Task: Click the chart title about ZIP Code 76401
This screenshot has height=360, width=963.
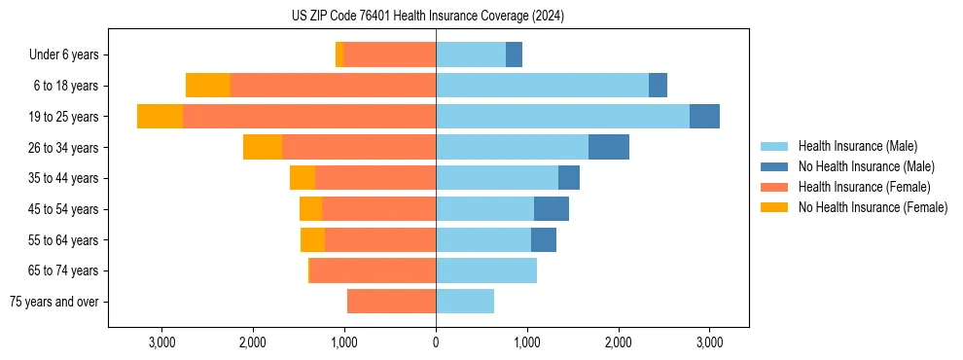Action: (428, 17)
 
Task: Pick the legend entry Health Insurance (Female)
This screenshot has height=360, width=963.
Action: (856, 187)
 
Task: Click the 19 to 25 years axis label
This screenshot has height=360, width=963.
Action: (65, 117)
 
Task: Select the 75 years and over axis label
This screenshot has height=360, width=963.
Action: (54, 302)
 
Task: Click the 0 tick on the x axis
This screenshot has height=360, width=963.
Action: (436, 342)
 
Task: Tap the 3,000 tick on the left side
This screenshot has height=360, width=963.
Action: (161, 342)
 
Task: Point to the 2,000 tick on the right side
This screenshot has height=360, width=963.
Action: (619, 342)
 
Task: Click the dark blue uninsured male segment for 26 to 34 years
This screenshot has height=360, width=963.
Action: (609, 147)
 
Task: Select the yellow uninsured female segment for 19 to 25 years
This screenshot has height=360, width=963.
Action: (160, 117)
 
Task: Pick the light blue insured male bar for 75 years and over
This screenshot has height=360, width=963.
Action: (465, 302)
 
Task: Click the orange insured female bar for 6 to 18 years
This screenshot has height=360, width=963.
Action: (333, 86)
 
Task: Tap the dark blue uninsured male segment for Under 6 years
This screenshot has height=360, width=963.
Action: (514, 55)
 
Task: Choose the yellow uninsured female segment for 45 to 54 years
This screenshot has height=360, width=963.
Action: (310, 209)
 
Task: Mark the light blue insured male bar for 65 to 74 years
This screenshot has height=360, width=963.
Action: (486, 270)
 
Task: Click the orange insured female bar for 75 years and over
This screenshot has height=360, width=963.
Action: (391, 302)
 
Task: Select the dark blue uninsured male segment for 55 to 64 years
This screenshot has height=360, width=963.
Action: (544, 239)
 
